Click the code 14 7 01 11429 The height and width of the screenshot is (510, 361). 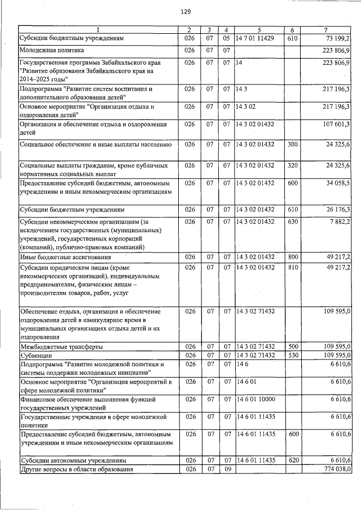click(x=255, y=38)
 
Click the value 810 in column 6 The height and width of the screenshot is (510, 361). click(x=292, y=267)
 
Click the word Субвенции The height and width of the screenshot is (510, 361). click(x=37, y=356)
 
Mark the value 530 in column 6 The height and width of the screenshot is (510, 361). click(x=292, y=356)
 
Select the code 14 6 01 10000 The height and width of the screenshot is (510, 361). click(x=255, y=399)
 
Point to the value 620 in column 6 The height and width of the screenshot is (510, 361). click(x=292, y=460)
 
